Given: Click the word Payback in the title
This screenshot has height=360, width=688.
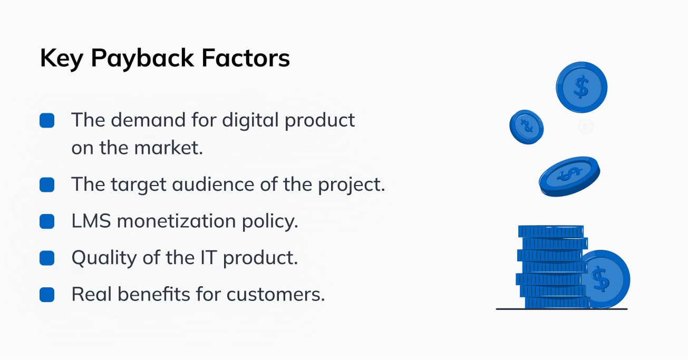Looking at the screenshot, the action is [x=142, y=59].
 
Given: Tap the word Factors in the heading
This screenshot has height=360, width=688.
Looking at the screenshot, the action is [x=246, y=58].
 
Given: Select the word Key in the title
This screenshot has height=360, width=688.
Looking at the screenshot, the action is [x=62, y=59].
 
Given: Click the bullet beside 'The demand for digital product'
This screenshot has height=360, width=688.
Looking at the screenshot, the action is [x=47, y=120].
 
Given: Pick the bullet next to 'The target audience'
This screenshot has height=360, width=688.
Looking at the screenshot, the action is [x=47, y=185].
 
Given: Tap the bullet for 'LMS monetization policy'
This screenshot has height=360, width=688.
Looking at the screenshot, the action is [x=47, y=221].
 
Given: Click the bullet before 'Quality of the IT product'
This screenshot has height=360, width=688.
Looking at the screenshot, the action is [x=47, y=258].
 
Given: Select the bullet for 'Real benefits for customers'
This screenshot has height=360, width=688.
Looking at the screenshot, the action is [x=47, y=295].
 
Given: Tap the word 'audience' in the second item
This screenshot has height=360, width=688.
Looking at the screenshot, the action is [x=213, y=184].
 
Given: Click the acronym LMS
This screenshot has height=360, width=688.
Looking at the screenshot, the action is [x=91, y=221].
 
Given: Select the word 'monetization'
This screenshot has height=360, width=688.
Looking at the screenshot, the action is [x=176, y=221].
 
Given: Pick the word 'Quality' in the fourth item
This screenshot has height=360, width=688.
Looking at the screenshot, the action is [x=104, y=258].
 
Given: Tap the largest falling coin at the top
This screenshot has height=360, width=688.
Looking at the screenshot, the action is [x=582, y=87].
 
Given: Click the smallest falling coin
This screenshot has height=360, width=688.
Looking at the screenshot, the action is [x=527, y=127].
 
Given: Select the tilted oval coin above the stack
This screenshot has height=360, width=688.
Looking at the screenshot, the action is [x=569, y=177].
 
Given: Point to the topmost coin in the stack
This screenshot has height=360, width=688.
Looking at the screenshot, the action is [x=551, y=231].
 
